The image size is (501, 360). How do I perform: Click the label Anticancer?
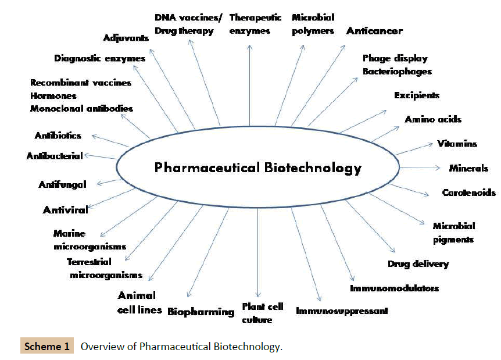point(374,31)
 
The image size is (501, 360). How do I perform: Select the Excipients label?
point(416,95)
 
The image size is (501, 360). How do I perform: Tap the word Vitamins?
point(457,144)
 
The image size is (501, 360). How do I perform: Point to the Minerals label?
point(468,169)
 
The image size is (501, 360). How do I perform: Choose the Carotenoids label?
point(468,193)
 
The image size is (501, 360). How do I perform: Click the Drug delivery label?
point(418,264)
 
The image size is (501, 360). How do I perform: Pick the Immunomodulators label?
point(394,288)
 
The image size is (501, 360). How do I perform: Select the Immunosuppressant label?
point(342,311)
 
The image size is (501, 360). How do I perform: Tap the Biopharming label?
point(201,312)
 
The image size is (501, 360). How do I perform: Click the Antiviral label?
point(65,210)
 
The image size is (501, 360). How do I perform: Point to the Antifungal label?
point(62,185)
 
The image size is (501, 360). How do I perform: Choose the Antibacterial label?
point(55,156)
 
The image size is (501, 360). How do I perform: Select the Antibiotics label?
point(58,136)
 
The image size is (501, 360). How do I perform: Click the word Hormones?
point(53,95)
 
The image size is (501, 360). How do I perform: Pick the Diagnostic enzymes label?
point(99,58)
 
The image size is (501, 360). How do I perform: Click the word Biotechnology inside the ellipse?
point(313,169)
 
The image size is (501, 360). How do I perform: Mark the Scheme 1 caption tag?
point(47,347)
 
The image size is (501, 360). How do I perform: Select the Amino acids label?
point(433,119)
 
